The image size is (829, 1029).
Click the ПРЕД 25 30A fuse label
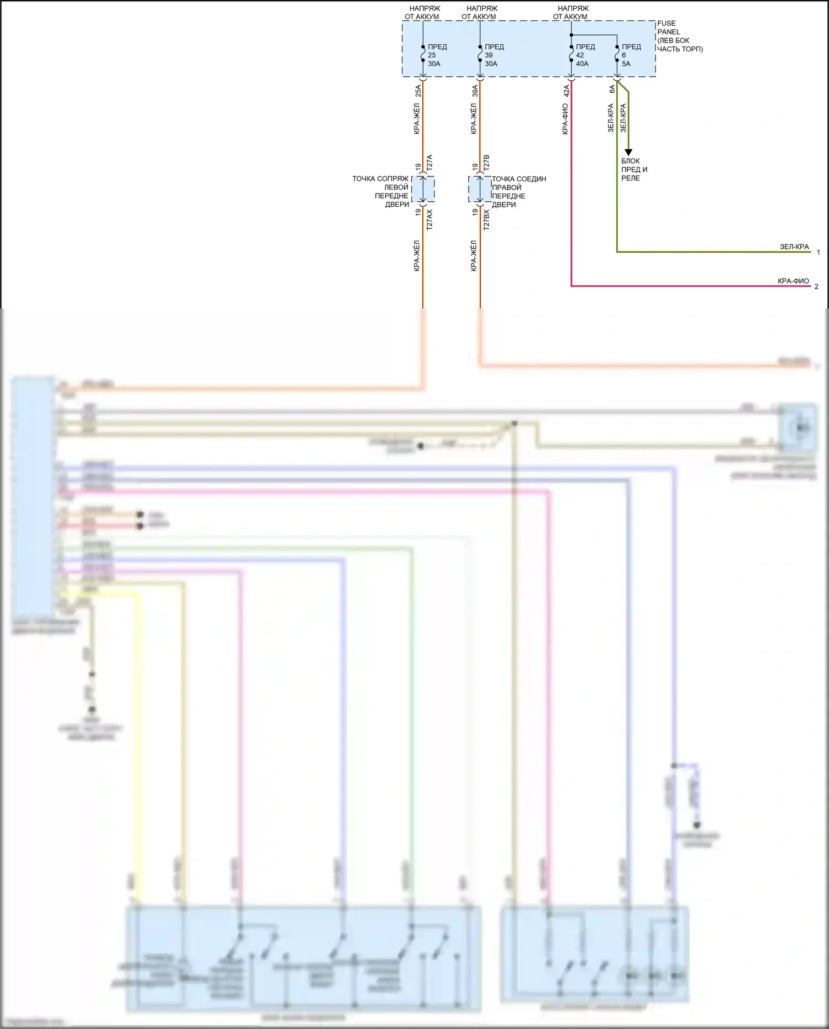click(x=437, y=55)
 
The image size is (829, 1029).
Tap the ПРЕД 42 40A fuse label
click(x=585, y=55)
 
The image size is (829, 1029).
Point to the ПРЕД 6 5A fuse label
click(x=631, y=55)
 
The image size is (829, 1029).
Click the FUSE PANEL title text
click(x=668, y=28)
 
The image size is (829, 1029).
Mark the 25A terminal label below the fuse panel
click(x=418, y=91)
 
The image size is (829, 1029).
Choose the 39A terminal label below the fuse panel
click(x=475, y=91)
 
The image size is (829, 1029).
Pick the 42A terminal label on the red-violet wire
click(x=566, y=91)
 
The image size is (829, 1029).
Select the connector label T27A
click(x=429, y=162)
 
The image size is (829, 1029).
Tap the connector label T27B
click(x=486, y=162)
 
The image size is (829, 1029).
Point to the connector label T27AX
click(x=429, y=219)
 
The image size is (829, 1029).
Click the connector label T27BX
click(x=486, y=219)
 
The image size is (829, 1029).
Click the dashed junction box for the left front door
click(x=423, y=189)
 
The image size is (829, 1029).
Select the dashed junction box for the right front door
click(x=480, y=189)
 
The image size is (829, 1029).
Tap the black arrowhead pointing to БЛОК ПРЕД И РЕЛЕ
click(x=628, y=153)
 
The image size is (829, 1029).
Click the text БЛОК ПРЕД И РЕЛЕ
click(x=633, y=170)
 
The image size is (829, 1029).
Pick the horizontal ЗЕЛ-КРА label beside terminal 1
click(x=794, y=247)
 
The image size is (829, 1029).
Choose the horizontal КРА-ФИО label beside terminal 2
click(x=793, y=281)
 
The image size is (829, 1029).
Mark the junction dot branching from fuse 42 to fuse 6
click(x=571, y=35)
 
